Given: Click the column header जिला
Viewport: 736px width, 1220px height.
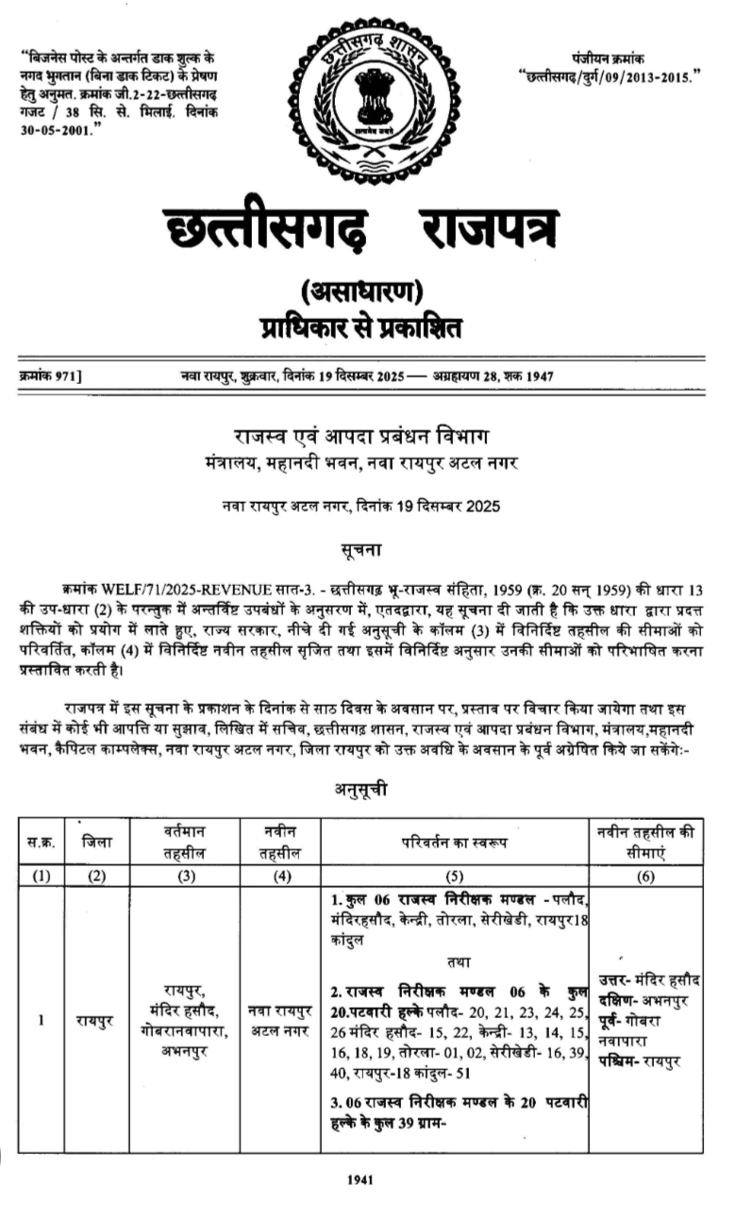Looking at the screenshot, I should point(95,840).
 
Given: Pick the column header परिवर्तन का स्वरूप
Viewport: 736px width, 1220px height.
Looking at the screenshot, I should point(454,840).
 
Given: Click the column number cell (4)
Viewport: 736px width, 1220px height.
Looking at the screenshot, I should point(278,875).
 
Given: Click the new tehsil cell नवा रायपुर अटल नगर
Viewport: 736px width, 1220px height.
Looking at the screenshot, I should point(278,1020).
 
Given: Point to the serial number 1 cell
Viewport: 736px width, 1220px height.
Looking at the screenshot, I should point(41,1020).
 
